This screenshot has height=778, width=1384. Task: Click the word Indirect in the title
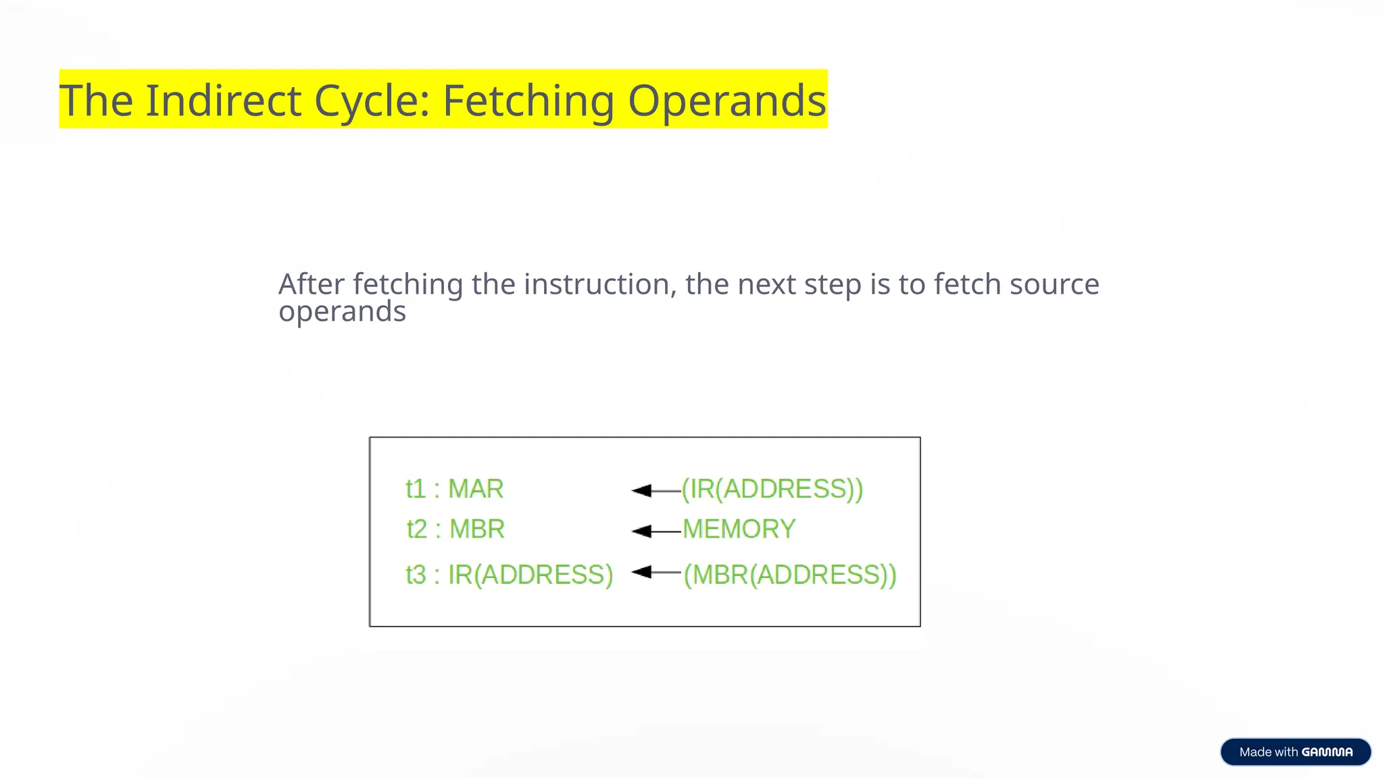point(223,101)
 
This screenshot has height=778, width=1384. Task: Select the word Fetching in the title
point(528,101)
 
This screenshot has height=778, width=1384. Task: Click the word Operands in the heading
point(726,101)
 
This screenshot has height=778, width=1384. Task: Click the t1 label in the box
point(415,489)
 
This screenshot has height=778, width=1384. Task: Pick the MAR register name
point(476,489)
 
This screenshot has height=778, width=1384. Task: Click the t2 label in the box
point(416,529)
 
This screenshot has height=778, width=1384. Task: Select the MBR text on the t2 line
point(477,529)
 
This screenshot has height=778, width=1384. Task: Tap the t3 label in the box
point(415,575)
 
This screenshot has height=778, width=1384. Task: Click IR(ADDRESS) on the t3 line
point(530,575)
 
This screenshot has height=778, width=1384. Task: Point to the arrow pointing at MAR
point(655,490)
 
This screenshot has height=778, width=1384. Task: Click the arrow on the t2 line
point(655,531)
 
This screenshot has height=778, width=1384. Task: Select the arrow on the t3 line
point(655,573)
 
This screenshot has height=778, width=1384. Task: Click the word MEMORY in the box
point(739,529)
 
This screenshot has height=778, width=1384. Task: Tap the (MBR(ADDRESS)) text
point(789,575)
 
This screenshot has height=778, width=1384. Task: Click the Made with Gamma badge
point(1295,752)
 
